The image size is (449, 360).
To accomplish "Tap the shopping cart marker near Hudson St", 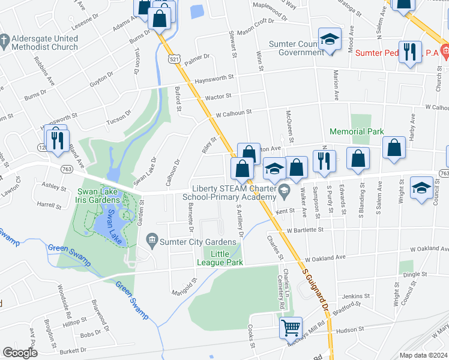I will click(291, 328).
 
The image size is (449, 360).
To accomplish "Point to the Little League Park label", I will click(219, 258).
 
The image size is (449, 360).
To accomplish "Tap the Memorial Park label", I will click(357, 131).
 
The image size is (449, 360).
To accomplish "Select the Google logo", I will click(20, 353).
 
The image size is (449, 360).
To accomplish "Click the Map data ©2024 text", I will click(423, 355).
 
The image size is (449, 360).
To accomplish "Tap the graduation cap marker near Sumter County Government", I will click(329, 40).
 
